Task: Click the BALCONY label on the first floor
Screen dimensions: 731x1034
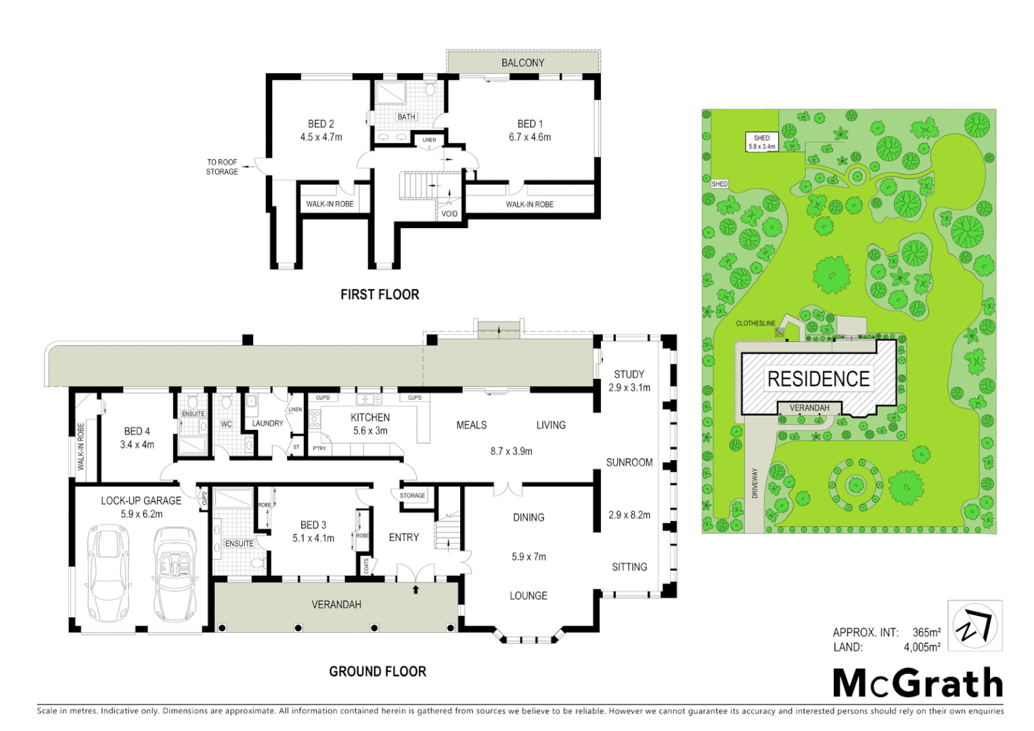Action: [522, 63]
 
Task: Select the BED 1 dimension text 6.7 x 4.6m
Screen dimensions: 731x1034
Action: [530, 137]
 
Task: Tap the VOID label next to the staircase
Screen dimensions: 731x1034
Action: [449, 214]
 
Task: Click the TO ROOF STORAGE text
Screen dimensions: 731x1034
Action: [222, 167]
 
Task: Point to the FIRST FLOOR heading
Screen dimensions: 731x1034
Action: [380, 294]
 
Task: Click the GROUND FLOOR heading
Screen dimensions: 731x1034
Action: [378, 671]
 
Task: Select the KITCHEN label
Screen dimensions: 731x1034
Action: [370, 418]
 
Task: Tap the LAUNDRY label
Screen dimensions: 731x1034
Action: [267, 424]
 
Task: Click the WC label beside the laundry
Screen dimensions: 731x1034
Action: [226, 424]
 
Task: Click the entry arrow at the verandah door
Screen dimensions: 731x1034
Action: [416, 590]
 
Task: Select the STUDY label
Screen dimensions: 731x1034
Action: [629, 374]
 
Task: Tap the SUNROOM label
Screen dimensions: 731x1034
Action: [629, 462]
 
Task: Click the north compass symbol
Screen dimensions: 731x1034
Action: [974, 626]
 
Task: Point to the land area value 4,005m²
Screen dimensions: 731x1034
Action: [922, 648]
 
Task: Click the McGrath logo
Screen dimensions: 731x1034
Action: [918, 683]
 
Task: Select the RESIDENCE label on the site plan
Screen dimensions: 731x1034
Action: [818, 379]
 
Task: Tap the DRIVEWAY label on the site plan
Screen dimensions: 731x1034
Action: [755, 483]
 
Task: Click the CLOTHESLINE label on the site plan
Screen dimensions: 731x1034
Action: [755, 324]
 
